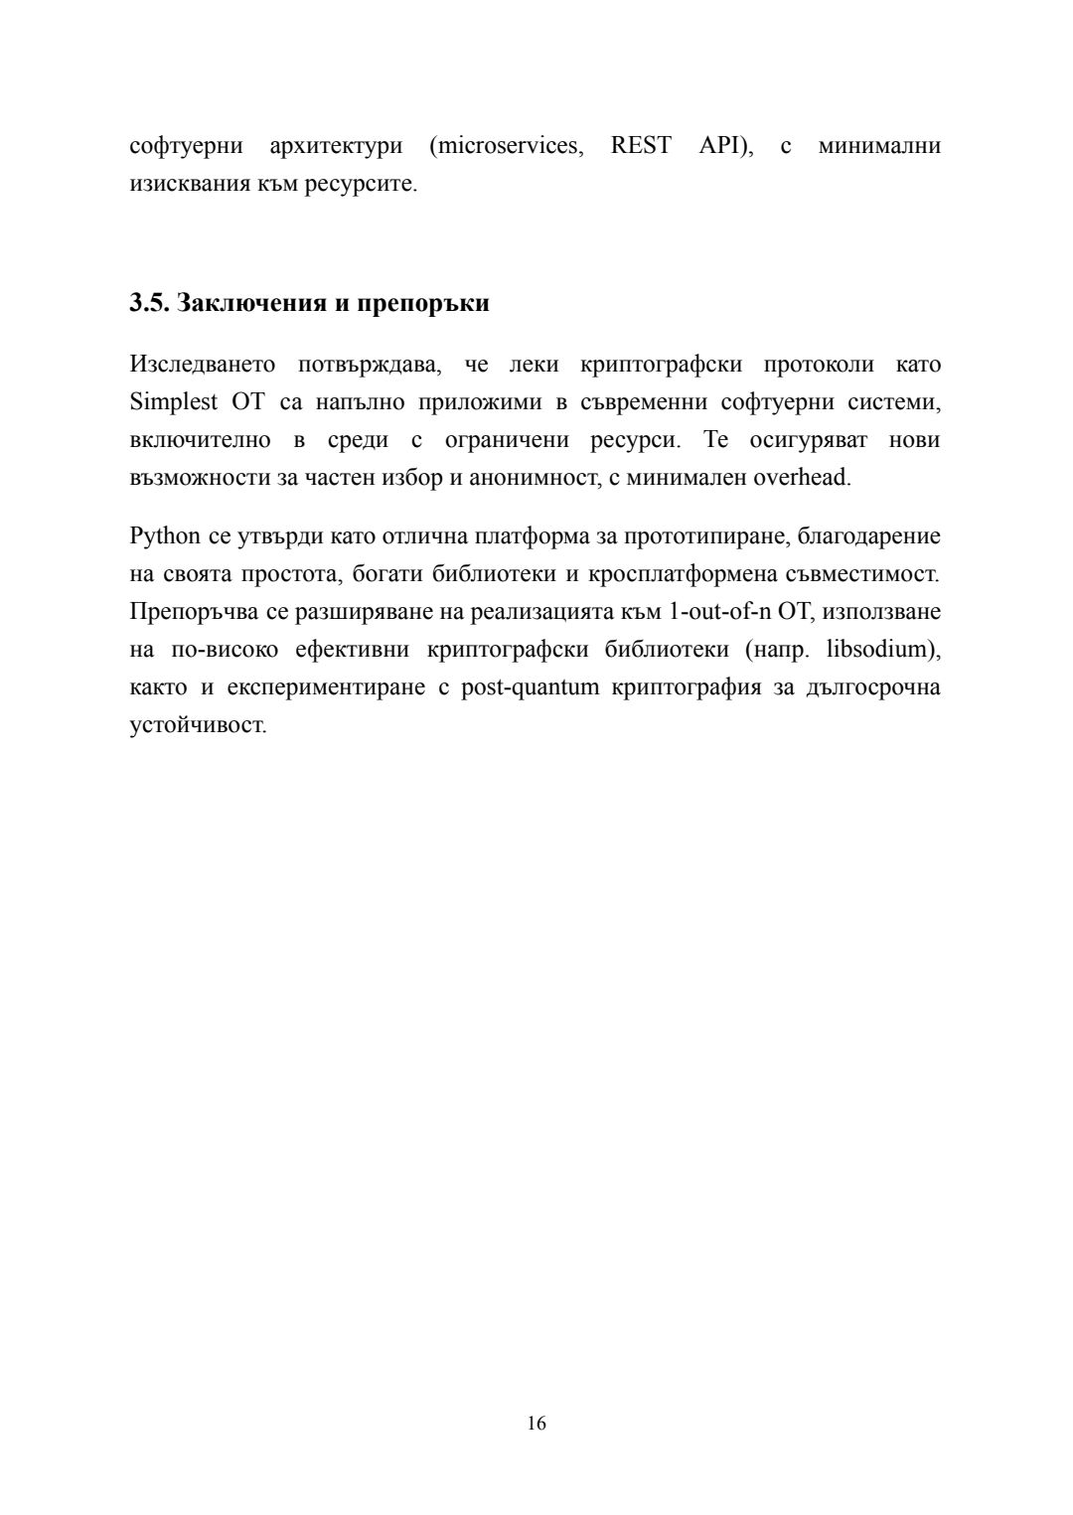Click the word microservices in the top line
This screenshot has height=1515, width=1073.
507,146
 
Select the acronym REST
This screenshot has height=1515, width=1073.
640,146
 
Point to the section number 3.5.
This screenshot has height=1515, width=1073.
149,303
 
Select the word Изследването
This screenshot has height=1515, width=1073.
203,364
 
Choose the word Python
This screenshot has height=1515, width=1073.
165,536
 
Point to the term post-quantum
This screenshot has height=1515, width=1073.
530,687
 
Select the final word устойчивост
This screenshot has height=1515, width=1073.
197,725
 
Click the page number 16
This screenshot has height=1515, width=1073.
536,1423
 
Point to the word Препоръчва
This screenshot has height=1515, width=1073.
195,611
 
